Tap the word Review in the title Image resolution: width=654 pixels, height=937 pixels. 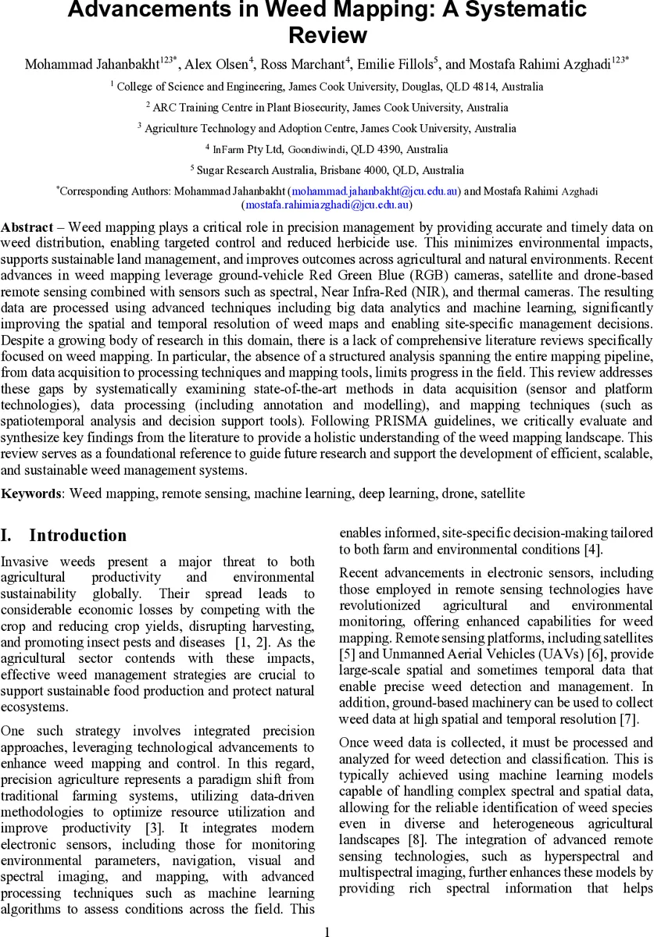pos(327,35)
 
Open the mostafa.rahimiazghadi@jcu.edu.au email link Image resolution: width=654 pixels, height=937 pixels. pos(327,205)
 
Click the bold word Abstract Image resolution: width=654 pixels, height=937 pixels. pos(27,227)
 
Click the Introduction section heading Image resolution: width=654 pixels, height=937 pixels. pos(77,536)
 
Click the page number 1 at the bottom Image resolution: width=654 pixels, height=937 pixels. pos(327,931)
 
